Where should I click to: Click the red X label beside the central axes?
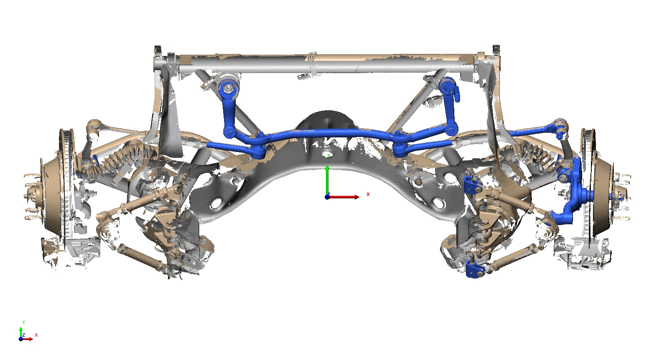(368, 194)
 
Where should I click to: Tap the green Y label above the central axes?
(329, 155)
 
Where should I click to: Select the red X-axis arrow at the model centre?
(344, 197)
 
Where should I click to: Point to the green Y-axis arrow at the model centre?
(327, 181)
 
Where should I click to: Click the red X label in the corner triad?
(36, 335)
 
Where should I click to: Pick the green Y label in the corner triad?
(24, 322)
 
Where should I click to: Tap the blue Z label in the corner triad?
(24, 335)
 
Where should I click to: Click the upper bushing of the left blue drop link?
(229, 89)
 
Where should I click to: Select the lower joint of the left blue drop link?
(229, 133)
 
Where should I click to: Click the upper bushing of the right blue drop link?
(447, 85)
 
